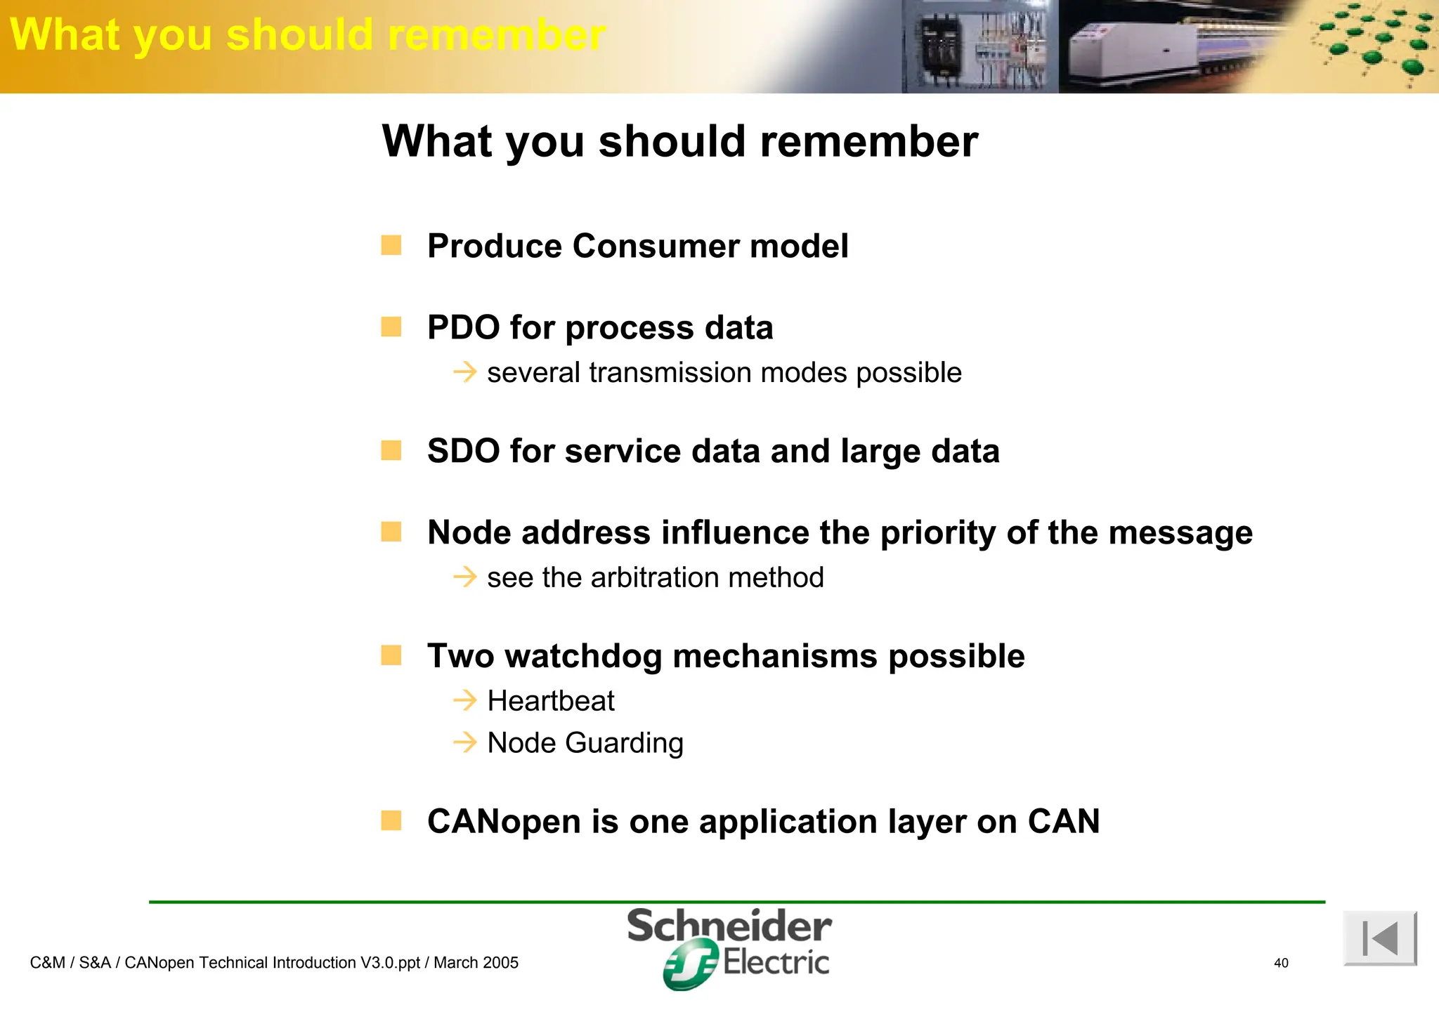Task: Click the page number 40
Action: pos(1281,963)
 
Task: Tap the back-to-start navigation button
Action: pos(1379,938)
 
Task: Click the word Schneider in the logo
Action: pos(729,926)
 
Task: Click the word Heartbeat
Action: pos(551,701)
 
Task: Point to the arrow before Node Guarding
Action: pos(464,742)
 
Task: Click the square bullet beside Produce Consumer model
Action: pos(391,245)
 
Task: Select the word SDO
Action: pos(464,451)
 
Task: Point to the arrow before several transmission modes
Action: pos(464,372)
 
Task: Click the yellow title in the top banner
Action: pos(307,34)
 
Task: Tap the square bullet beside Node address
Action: pos(391,532)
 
